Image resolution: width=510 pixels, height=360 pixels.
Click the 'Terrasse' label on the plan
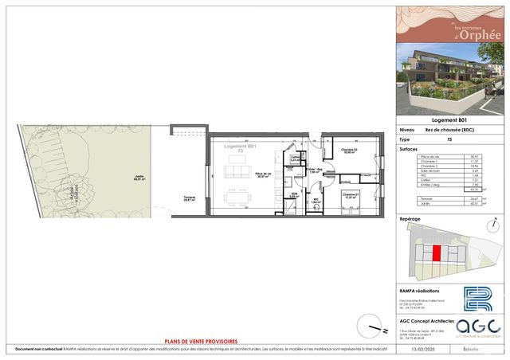190,198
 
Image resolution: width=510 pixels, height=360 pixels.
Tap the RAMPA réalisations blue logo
478,301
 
